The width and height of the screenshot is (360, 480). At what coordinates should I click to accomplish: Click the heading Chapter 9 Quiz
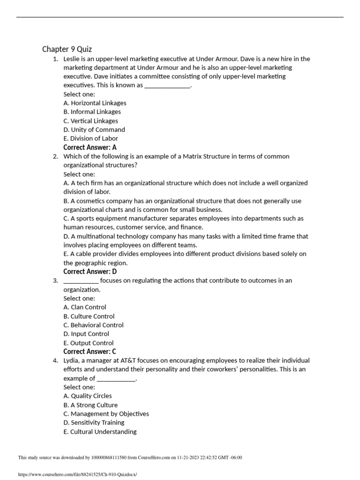click(67, 49)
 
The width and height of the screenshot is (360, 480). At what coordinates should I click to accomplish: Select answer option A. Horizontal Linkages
click(95, 103)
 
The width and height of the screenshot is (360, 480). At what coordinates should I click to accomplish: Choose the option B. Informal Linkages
click(92, 112)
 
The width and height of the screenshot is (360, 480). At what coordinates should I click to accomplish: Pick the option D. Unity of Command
click(94, 130)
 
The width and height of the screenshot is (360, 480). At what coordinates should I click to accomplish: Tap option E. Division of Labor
click(91, 139)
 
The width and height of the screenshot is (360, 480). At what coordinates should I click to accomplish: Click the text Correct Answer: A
click(90, 148)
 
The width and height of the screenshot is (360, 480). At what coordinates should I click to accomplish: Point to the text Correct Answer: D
click(90, 272)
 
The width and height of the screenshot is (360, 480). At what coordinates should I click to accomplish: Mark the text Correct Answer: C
click(90, 352)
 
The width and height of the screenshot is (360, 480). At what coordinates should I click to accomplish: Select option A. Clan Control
click(85, 307)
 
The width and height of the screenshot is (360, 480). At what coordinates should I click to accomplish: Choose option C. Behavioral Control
click(93, 325)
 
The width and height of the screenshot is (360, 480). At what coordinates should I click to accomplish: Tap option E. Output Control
click(89, 343)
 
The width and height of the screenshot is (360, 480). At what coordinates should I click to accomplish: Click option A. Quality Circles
click(88, 396)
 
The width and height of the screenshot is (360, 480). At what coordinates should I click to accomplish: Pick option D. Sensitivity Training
click(94, 423)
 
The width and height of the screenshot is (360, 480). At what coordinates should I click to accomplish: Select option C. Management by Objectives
click(106, 414)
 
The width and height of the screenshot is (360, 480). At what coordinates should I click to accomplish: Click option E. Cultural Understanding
click(100, 432)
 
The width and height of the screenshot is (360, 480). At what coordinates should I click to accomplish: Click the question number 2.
click(55, 157)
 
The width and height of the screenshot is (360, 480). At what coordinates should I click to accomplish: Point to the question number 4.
click(55, 360)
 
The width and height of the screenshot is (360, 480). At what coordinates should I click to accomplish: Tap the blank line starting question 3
click(81, 281)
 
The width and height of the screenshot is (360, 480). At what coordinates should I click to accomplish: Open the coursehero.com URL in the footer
click(77, 474)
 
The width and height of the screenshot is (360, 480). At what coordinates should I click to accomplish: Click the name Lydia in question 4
click(72, 360)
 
